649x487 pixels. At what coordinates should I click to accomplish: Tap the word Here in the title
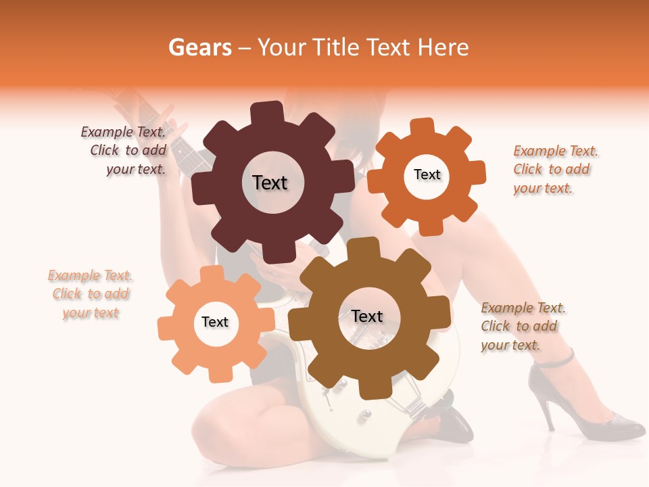tap(443, 48)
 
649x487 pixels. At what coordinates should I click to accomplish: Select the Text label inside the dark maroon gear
tap(270, 183)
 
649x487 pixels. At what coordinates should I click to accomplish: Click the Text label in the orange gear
tap(427, 175)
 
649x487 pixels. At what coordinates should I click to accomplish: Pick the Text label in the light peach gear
tap(215, 322)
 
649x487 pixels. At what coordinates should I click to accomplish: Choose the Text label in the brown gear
tap(367, 316)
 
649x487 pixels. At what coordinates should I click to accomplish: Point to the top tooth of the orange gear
tap(423, 127)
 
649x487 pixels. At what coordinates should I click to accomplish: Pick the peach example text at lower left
tap(91, 294)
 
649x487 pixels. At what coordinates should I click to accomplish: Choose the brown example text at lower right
tap(523, 327)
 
